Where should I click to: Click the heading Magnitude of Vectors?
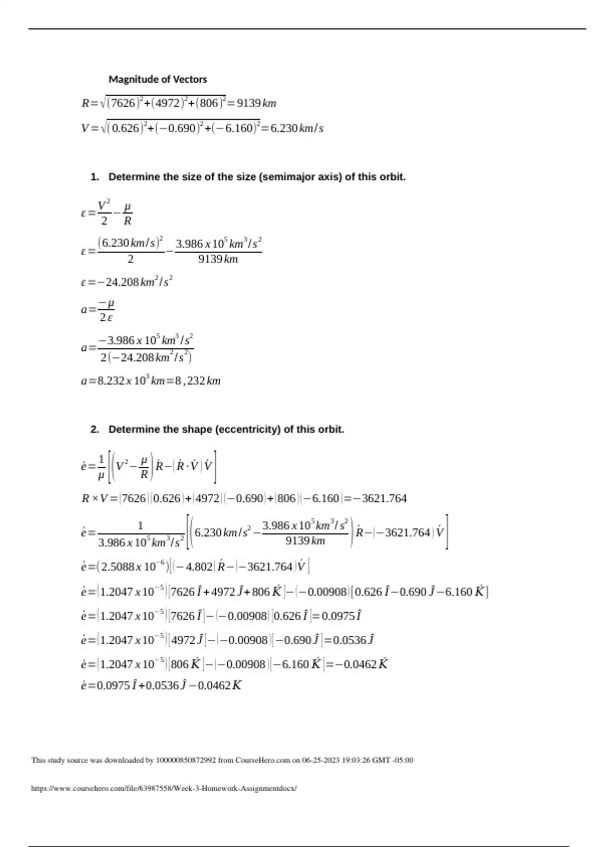[x=157, y=79]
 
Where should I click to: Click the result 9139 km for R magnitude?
[x=256, y=103]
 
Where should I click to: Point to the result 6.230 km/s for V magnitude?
[x=297, y=129]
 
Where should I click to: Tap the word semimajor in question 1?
[x=281, y=177]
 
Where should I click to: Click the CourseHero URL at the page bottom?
[x=164, y=789]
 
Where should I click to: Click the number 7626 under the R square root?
[x=123, y=103]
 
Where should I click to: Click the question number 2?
[x=94, y=429]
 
